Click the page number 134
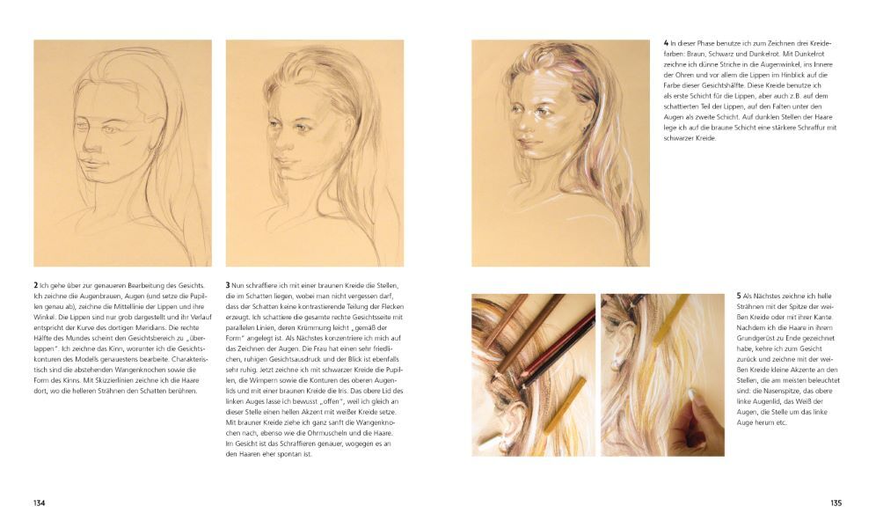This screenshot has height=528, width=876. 39,502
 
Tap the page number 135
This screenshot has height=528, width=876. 836,502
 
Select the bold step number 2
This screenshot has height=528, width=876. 36,285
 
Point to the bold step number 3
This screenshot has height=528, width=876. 228,285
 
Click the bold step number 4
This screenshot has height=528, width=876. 666,43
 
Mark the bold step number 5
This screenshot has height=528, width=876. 739,296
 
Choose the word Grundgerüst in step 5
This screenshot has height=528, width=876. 755,339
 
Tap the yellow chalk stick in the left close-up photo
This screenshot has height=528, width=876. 565,405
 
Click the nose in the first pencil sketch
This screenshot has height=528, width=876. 88,143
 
